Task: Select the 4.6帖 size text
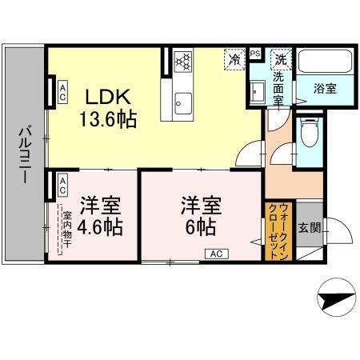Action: click(99, 226)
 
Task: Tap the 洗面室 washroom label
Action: click(279, 92)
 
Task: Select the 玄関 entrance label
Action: click(310, 227)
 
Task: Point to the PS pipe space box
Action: click(255, 54)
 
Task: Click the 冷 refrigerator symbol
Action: click(235, 59)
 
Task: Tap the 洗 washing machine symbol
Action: click(281, 59)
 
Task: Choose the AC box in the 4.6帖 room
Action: click(62, 186)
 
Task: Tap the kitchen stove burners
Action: click(182, 61)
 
